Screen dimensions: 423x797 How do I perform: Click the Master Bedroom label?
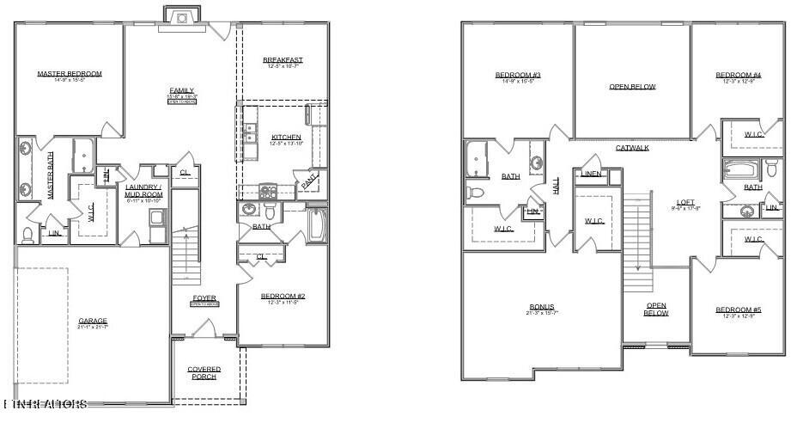pyautogui.click(x=69, y=74)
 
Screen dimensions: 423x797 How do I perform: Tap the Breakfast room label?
pyautogui.click(x=283, y=60)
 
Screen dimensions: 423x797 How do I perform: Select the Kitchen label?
pyautogui.click(x=286, y=138)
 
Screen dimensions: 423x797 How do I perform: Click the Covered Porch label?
pyautogui.click(x=204, y=373)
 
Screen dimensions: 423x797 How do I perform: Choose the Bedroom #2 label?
pyautogui.click(x=283, y=297)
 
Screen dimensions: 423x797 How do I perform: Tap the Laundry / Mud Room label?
pyautogui.click(x=143, y=191)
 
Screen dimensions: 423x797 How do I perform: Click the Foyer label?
pyautogui.click(x=204, y=298)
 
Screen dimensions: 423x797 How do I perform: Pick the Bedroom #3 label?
pyautogui.click(x=517, y=75)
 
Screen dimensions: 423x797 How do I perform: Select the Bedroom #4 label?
pyautogui.click(x=738, y=75)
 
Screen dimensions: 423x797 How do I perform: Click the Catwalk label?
pyautogui.click(x=632, y=148)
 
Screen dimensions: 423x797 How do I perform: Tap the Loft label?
pyautogui.click(x=686, y=203)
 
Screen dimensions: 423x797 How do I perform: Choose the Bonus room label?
pyautogui.click(x=541, y=307)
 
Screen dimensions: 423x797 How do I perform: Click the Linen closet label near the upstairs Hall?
pyautogui.click(x=591, y=174)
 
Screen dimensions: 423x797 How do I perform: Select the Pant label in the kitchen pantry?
pyautogui.click(x=307, y=181)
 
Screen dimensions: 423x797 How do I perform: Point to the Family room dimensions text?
pyautogui.click(x=181, y=98)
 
